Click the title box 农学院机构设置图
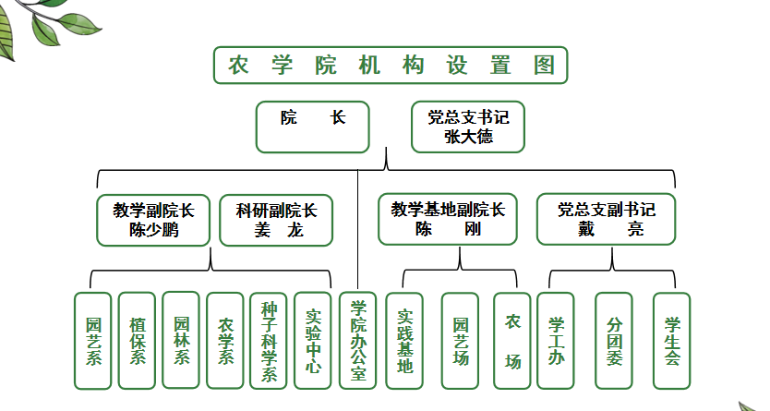[x=391, y=66]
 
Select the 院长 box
[x=312, y=127]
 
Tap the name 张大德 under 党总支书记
[x=468, y=137]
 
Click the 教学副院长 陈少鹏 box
[x=153, y=220]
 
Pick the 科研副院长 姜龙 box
[x=276, y=220]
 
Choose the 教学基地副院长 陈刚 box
[x=448, y=219]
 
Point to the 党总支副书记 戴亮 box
[x=606, y=219]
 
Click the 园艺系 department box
[x=93, y=341]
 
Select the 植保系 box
[x=137, y=341]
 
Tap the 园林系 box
[x=181, y=340]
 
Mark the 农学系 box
[x=225, y=341]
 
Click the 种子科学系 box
[x=269, y=341]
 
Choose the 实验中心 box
[x=313, y=341]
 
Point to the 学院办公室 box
[x=358, y=341]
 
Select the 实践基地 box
[x=404, y=341]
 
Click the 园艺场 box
[x=460, y=341]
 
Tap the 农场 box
[x=512, y=341]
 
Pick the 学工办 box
[x=556, y=341]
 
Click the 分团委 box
[x=614, y=341]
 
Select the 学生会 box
[x=672, y=341]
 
